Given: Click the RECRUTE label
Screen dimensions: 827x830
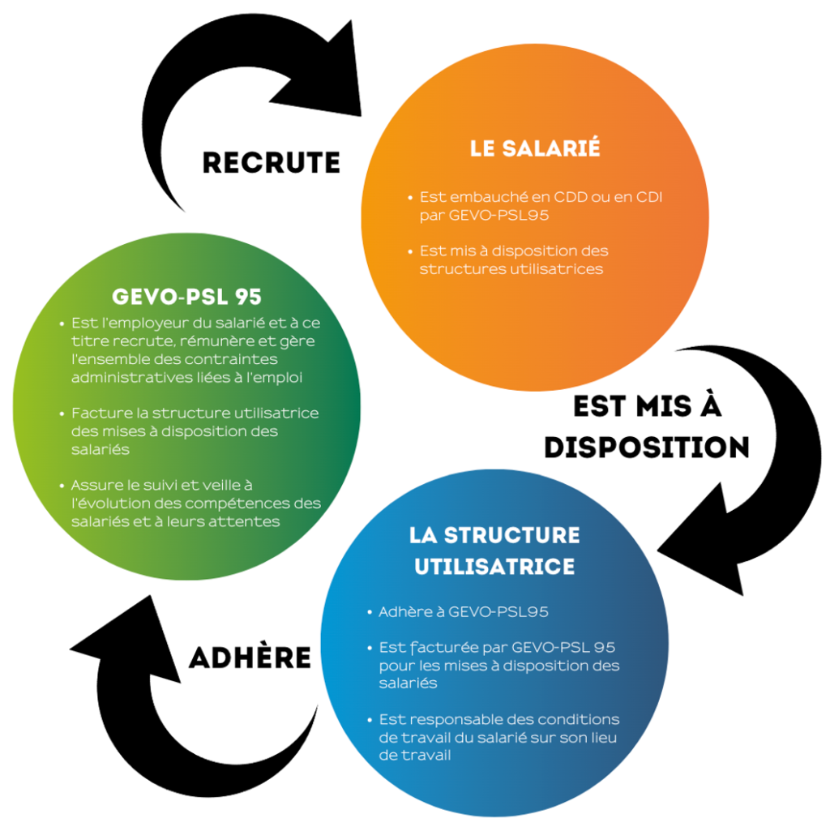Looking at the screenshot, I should (271, 162).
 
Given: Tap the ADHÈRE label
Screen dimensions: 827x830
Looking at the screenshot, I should (250, 657).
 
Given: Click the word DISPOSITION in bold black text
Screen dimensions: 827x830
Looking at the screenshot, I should (646, 447).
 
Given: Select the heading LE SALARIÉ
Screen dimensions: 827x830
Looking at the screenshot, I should (535, 149).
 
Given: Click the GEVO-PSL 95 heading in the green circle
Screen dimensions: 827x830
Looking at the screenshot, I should (186, 296).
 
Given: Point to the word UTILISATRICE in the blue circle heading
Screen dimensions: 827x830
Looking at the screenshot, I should (494, 566).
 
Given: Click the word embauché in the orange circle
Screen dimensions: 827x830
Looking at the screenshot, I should (479, 197).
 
